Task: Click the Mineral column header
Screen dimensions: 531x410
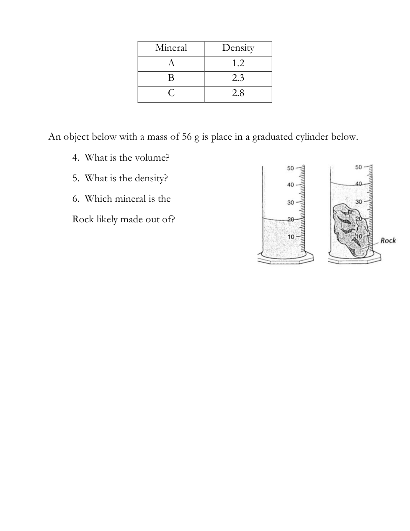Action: pyautogui.click(x=171, y=48)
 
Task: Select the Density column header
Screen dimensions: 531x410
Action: pyautogui.click(x=238, y=48)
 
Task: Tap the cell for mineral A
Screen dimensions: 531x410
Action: pyautogui.click(x=171, y=63)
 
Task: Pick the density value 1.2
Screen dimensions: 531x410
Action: pyautogui.click(x=238, y=63)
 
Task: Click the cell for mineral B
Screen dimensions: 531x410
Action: pyautogui.click(x=171, y=78)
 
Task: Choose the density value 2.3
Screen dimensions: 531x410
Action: pyautogui.click(x=238, y=78)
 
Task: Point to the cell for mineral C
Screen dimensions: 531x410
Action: pyautogui.click(x=171, y=94)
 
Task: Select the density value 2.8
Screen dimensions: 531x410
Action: pyautogui.click(x=238, y=94)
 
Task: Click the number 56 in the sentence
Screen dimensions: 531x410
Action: pyautogui.click(x=187, y=137)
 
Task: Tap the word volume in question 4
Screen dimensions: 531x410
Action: pyautogui.click(x=152, y=158)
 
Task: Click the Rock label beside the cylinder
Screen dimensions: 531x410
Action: pyautogui.click(x=388, y=240)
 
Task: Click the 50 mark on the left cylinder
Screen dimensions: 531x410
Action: pyautogui.click(x=290, y=168)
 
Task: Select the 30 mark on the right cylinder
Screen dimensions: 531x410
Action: pyautogui.click(x=358, y=202)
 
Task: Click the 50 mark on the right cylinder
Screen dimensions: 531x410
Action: pyautogui.click(x=358, y=167)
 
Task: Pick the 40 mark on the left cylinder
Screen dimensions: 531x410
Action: pyautogui.click(x=290, y=185)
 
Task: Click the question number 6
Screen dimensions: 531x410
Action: pyautogui.click(x=75, y=199)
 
